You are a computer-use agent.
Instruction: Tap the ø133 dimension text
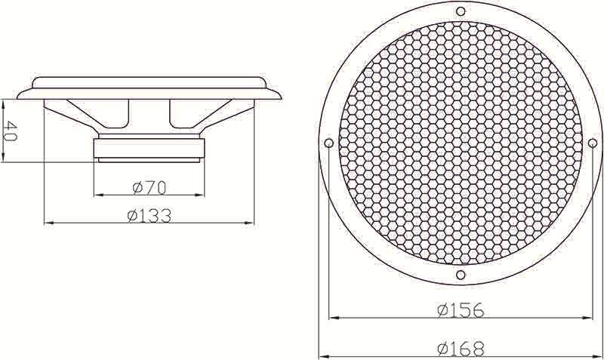tap(149, 216)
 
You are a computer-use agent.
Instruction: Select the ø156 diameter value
tap(461, 310)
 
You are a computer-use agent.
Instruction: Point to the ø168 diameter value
tap(461, 349)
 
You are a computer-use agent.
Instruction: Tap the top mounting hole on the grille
tap(461, 11)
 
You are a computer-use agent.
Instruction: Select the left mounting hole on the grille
tap(328, 143)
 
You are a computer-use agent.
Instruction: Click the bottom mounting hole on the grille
tap(461, 275)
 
